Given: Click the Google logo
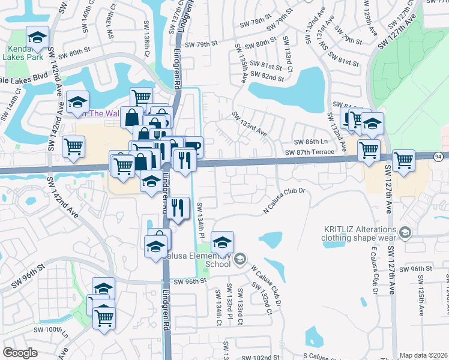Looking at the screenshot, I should click(20, 353).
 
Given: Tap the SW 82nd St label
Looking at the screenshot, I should click(265, 76).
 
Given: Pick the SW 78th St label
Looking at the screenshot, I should click(254, 21).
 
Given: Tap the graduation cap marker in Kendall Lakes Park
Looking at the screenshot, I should click(37, 39).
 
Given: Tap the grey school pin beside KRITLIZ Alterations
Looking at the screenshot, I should click(405, 232).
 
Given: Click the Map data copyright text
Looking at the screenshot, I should click(424, 355).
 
